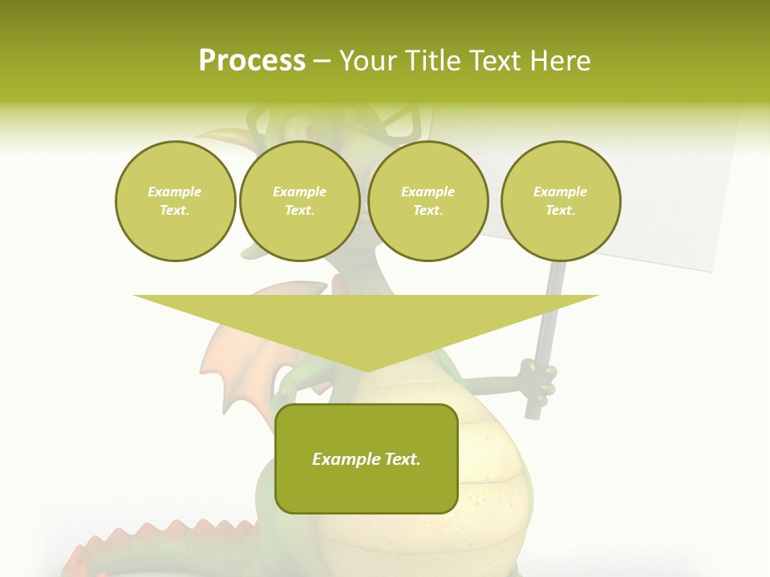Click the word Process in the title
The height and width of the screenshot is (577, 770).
[x=252, y=61]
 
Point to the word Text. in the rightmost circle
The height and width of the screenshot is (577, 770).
[x=560, y=211]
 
